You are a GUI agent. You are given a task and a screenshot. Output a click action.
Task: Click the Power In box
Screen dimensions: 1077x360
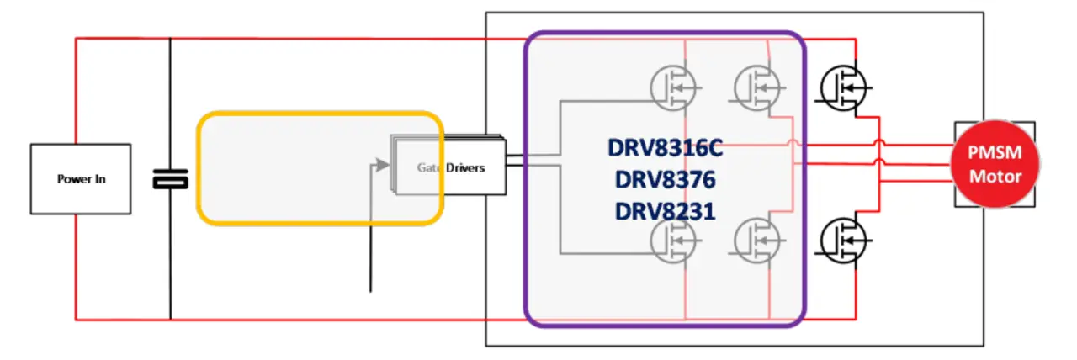click(x=81, y=179)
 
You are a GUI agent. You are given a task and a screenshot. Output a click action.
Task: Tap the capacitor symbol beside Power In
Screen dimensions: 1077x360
click(x=170, y=179)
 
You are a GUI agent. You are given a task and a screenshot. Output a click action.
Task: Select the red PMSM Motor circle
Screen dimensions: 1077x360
click(x=995, y=164)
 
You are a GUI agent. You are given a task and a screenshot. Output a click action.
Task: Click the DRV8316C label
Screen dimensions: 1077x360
click(x=665, y=147)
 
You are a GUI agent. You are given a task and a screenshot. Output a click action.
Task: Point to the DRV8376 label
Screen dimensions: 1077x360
click(x=665, y=179)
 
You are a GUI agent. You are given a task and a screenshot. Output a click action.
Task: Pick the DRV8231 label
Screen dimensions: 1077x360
click(x=665, y=211)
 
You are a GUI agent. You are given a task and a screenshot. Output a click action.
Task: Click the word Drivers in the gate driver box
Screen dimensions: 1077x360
click(x=465, y=167)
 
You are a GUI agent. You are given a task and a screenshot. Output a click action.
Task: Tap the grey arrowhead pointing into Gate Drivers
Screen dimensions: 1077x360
click(x=382, y=165)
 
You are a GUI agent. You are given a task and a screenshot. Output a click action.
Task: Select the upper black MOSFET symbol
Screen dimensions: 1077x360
click(x=843, y=88)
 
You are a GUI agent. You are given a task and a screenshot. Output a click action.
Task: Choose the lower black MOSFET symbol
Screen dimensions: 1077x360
click(x=843, y=241)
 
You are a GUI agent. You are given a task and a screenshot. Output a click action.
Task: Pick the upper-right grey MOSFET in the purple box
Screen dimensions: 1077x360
click(x=757, y=88)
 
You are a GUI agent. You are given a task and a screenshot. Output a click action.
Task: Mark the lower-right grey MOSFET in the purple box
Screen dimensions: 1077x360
click(x=757, y=241)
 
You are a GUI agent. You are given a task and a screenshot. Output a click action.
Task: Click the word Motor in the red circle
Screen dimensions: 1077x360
click(x=995, y=177)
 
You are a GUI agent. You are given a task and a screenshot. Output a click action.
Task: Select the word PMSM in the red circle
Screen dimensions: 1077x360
click(x=995, y=152)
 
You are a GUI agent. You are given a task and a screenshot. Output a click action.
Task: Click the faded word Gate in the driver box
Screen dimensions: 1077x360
click(x=428, y=167)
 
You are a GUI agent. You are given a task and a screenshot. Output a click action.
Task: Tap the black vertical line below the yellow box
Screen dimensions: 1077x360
click(x=370, y=257)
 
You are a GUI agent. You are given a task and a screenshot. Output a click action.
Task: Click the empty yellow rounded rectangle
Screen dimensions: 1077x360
click(x=320, y=168)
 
